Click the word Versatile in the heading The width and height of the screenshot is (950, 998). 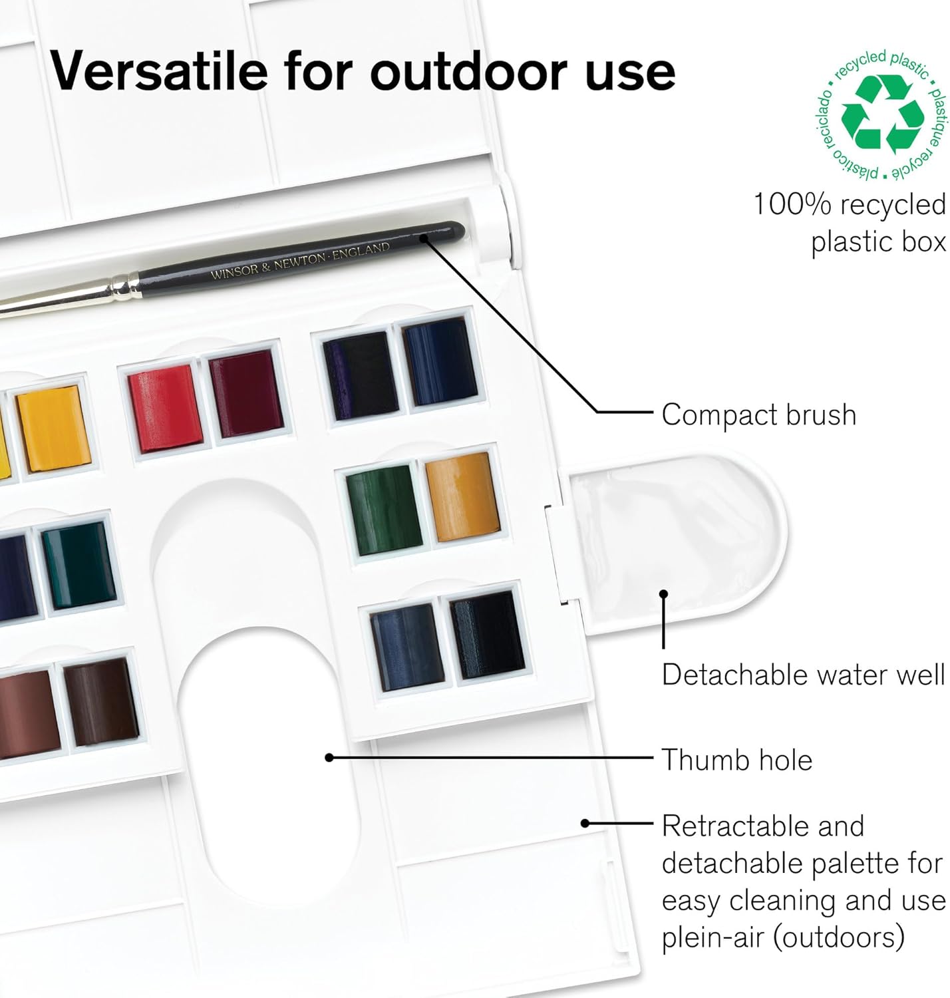tap(159, 71)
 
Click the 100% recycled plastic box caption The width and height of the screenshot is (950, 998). tap(849, 223)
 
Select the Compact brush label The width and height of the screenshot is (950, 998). tap(758, 415)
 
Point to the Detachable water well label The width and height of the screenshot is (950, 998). tap(802, 675)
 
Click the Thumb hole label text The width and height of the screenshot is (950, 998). tap(736, 760)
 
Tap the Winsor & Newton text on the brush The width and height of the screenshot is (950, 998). tap(299, 261)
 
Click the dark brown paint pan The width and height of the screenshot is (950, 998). tap(101, 701)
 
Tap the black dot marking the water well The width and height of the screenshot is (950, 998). tap(663, 595)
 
